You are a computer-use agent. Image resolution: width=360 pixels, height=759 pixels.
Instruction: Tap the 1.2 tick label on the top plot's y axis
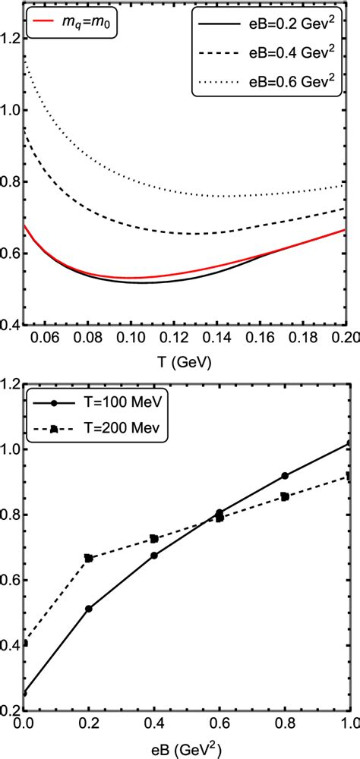click(x=11, y=38)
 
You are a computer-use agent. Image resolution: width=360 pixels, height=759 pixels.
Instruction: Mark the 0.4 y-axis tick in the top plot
click(x=11, y=324)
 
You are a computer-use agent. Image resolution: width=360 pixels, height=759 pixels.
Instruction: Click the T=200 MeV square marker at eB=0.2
click(x=89, y=558)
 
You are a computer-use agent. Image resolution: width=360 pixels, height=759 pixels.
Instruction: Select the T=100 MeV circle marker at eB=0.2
click(x=89, y=609)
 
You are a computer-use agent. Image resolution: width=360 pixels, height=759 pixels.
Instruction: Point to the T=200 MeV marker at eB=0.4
click(x=154, y=538)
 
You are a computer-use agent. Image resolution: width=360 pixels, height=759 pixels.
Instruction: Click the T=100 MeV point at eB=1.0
click(x=349, y=443)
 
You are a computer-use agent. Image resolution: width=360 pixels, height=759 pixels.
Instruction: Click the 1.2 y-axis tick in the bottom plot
click(x=11, y=384)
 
